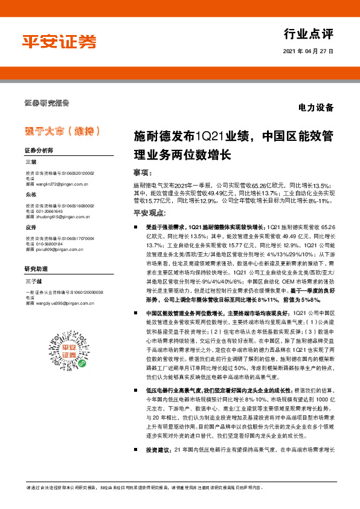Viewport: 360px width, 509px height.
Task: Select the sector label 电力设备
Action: pos(316,109)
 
